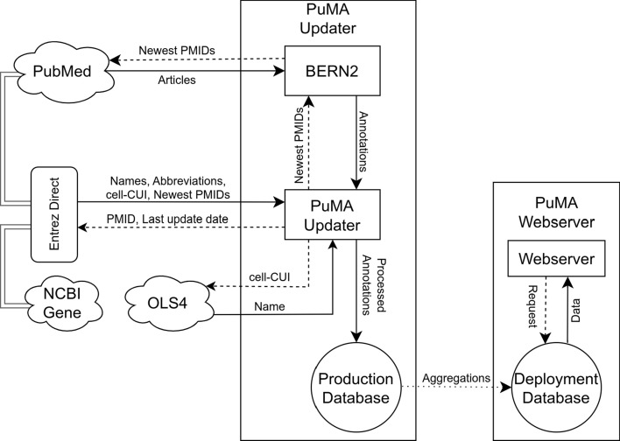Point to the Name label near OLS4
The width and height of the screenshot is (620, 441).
(x=267, y=305)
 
